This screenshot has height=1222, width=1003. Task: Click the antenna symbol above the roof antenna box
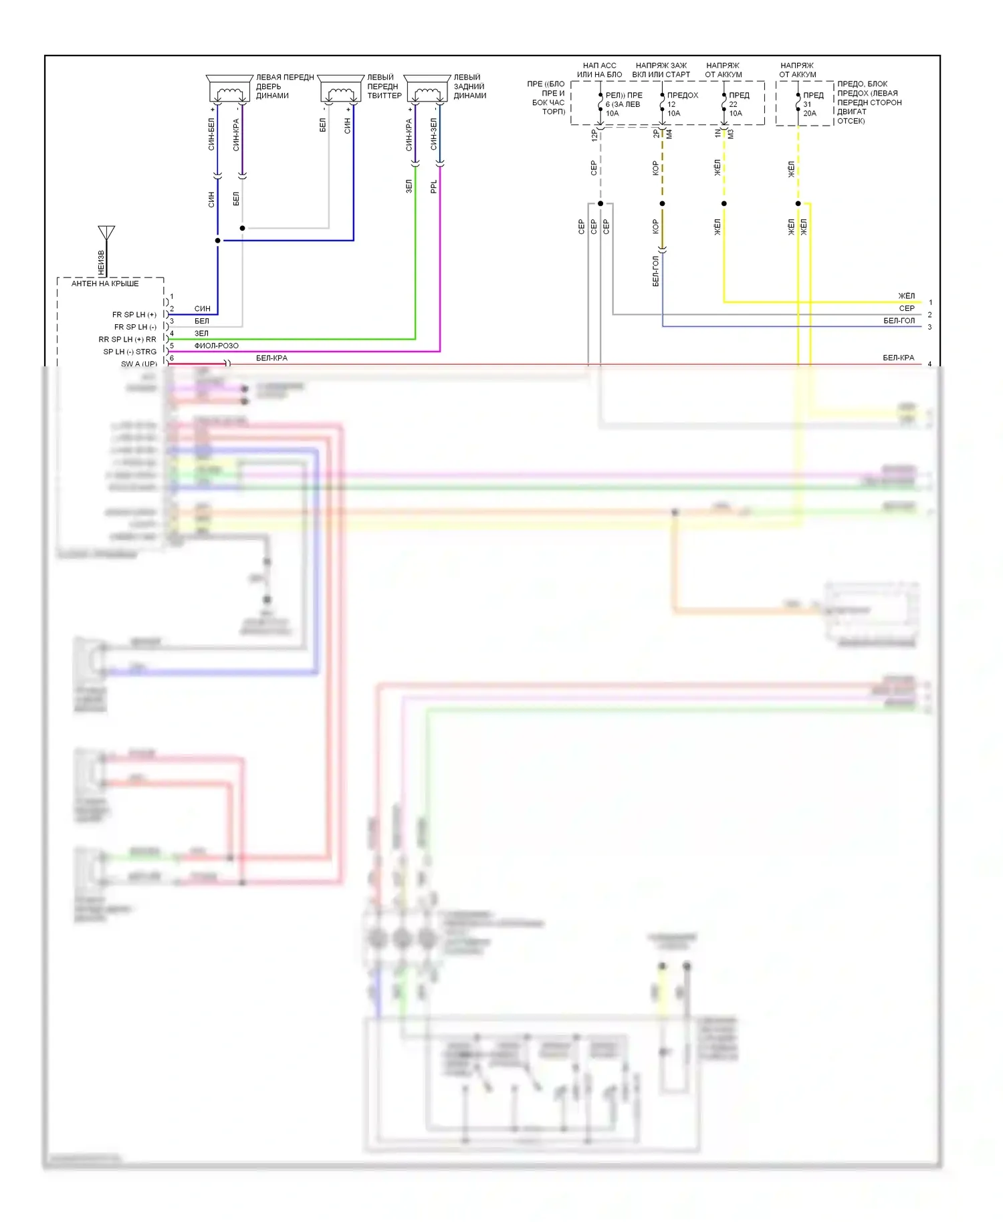(x=106, y=233)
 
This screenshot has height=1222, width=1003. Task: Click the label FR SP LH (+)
(x=134, y=315)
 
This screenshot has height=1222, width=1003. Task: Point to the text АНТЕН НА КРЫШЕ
(x=105, y=283)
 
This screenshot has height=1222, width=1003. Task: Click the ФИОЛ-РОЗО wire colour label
(x=216, y=346)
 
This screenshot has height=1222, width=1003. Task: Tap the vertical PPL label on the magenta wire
(x=434, y=187)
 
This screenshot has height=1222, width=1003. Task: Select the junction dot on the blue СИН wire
(x=217, y=240)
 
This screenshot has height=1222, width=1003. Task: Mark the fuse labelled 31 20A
(x=798, y=104)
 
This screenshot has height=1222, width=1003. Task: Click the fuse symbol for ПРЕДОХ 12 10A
(x=662, y=104)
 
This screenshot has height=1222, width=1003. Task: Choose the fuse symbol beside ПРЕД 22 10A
(x=723, y=104)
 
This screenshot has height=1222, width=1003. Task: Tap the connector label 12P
(x=594, y=134)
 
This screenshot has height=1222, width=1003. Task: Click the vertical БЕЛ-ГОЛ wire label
(x=655, y=271)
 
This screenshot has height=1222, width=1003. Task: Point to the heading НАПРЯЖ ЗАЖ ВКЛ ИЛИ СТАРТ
(x=661, y=70)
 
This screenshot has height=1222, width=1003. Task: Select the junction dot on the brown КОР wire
(x=662, y=203)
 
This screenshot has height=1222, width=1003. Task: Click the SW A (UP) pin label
(x=139, y=364)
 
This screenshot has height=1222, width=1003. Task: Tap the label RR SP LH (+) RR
(x=127, y=340)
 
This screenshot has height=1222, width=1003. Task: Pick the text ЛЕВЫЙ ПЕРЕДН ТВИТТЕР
(x=384, y=86)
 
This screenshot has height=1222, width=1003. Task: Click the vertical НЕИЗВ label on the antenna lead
(x=102, y=262)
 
